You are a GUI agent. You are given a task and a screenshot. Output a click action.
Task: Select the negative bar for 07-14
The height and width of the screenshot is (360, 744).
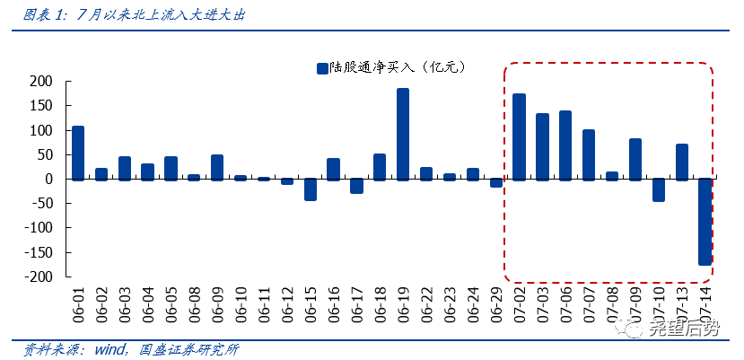click(x=705, y=222)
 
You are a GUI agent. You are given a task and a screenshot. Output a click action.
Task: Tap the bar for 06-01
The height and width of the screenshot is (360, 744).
click(x=78, y=153)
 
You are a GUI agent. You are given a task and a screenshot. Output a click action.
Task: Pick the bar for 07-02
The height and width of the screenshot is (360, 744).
click(x=520, y=136)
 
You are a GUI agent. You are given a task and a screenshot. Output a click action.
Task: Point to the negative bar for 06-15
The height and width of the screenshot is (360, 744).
click(x=311, y=189)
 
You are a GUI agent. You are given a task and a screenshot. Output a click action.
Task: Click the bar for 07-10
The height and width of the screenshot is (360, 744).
click(x=659, y=189)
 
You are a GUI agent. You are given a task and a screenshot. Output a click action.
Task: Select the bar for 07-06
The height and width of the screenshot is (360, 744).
click(x=565, y=145)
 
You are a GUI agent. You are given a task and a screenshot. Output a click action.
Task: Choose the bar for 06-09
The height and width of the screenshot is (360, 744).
click(x=217, y=167)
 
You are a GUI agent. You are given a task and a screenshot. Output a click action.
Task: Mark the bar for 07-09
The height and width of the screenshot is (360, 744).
click(x=635, y=159)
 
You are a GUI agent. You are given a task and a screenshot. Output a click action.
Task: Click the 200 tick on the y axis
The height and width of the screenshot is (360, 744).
click(x=41, y=82)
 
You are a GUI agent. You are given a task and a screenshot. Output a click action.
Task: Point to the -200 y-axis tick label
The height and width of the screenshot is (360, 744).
click(x=39, y=277)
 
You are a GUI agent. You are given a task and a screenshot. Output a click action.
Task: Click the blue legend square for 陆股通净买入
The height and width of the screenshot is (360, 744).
click(x=321, y=67)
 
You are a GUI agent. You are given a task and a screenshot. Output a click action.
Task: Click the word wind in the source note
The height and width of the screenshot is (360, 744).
click(x=109, y=348)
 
